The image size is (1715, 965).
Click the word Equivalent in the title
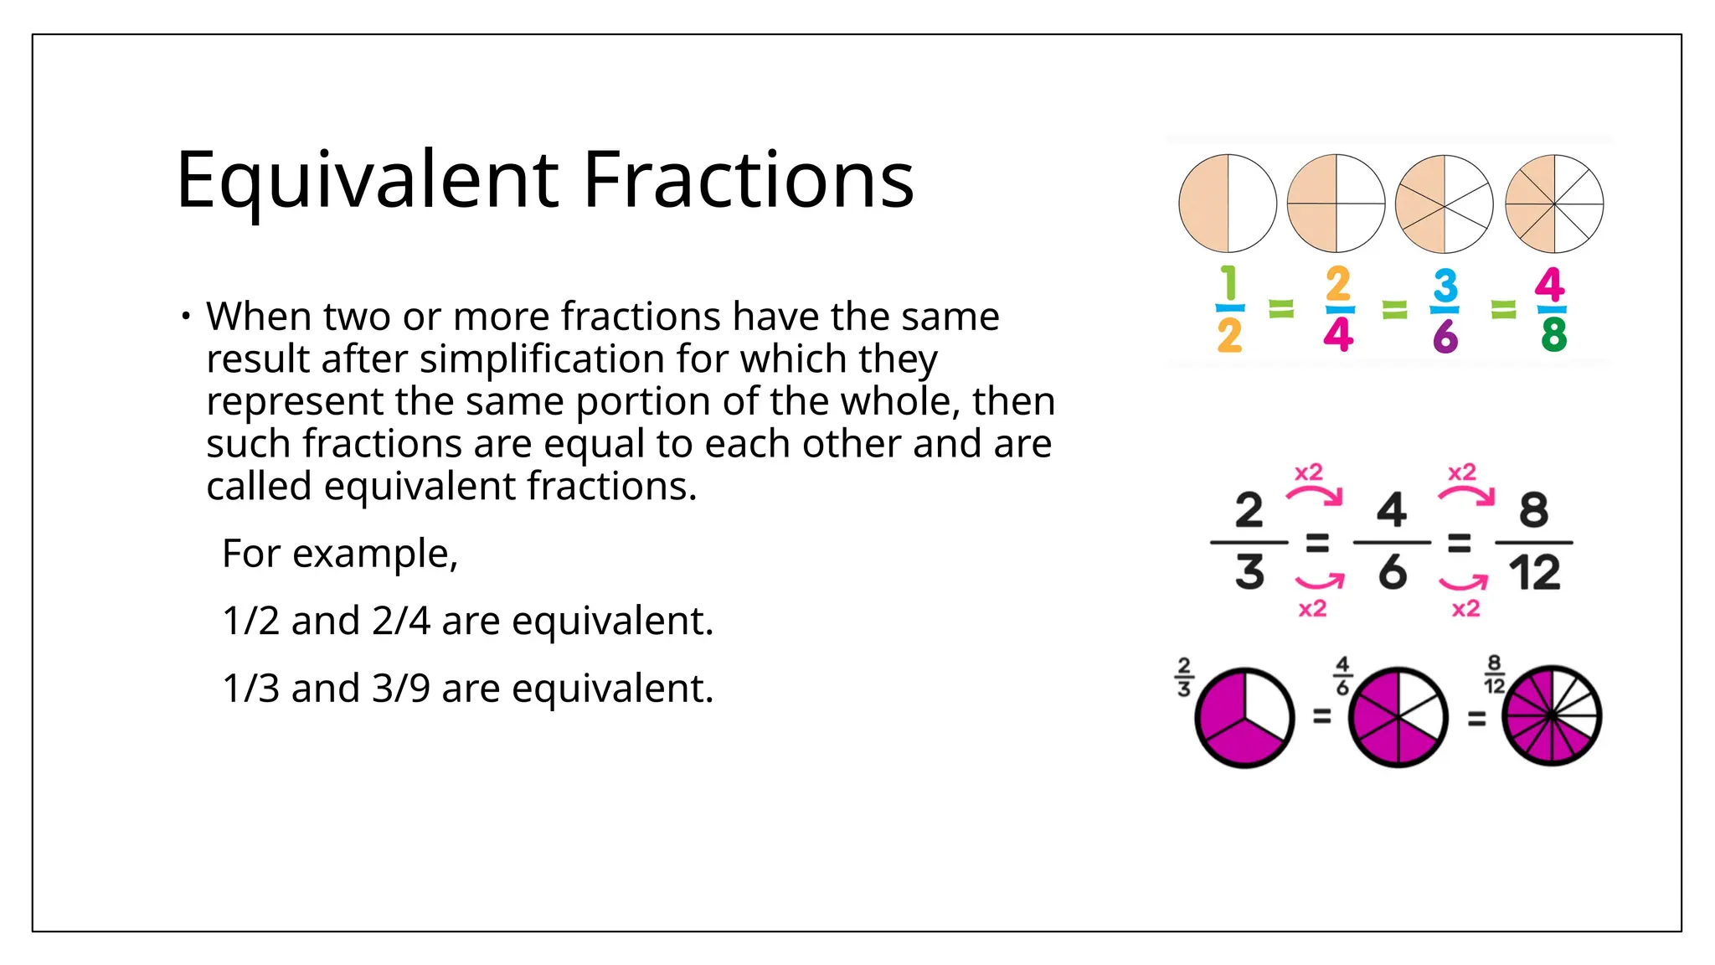pyautogui.click(x=368, y=180)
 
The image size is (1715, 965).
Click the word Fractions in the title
pyautogui.click(x=748, y=180)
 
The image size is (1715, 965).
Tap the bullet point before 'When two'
pyautogui.click(x=186, y=317)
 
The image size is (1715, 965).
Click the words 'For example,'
pyautogui.click(x=340, y=554)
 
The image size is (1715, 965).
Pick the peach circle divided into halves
pyautogui.click(x=1228, y=204)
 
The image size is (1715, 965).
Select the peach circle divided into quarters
pyautogui.click(x=1336, y=204)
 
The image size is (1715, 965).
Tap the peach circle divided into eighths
pyautogui.click(x=1554, y=204)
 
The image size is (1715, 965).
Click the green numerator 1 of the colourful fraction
pyautogui.click(x=1228, y=284)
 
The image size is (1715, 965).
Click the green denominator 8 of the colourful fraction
pyautogui.click(x=1553, y=335)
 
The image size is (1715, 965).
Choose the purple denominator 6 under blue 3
pyautogui.click(x=1445, y=337)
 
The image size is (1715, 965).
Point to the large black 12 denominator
pyautogui.click(x=1534, y=573)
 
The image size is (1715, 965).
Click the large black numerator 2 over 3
pyautogui.click(x=1249, y=510)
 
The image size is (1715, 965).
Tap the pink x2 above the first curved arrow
pyautogui.click(x=1309, y=472)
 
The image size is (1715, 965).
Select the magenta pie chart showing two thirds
pyautogui.click(x=1244, y=718)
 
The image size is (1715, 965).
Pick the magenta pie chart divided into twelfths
pyautogui.click(x=1552, y=716)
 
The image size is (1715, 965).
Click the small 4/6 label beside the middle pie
pyautogui.click(x=1342, y=676)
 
